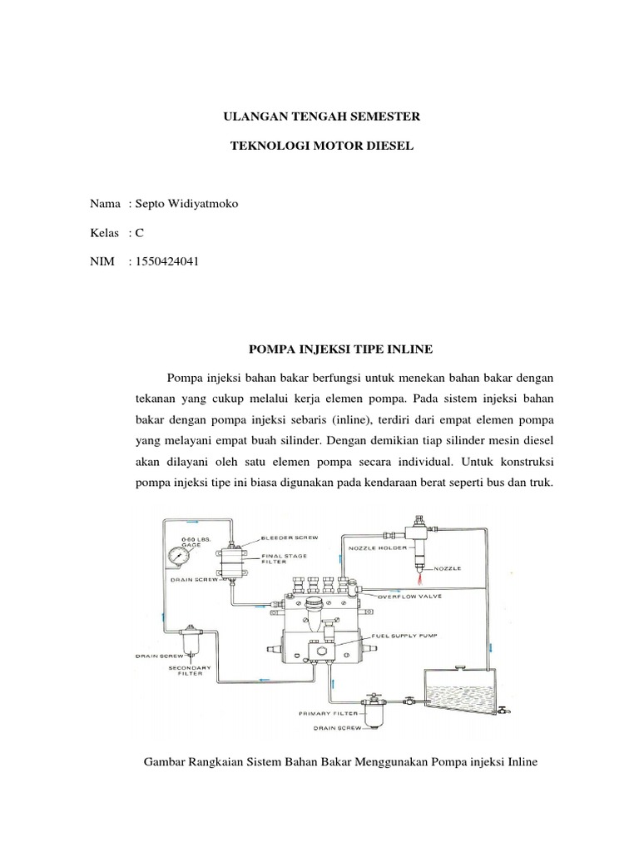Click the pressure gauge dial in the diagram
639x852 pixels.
pyautogui.click(x=176, y=557)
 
